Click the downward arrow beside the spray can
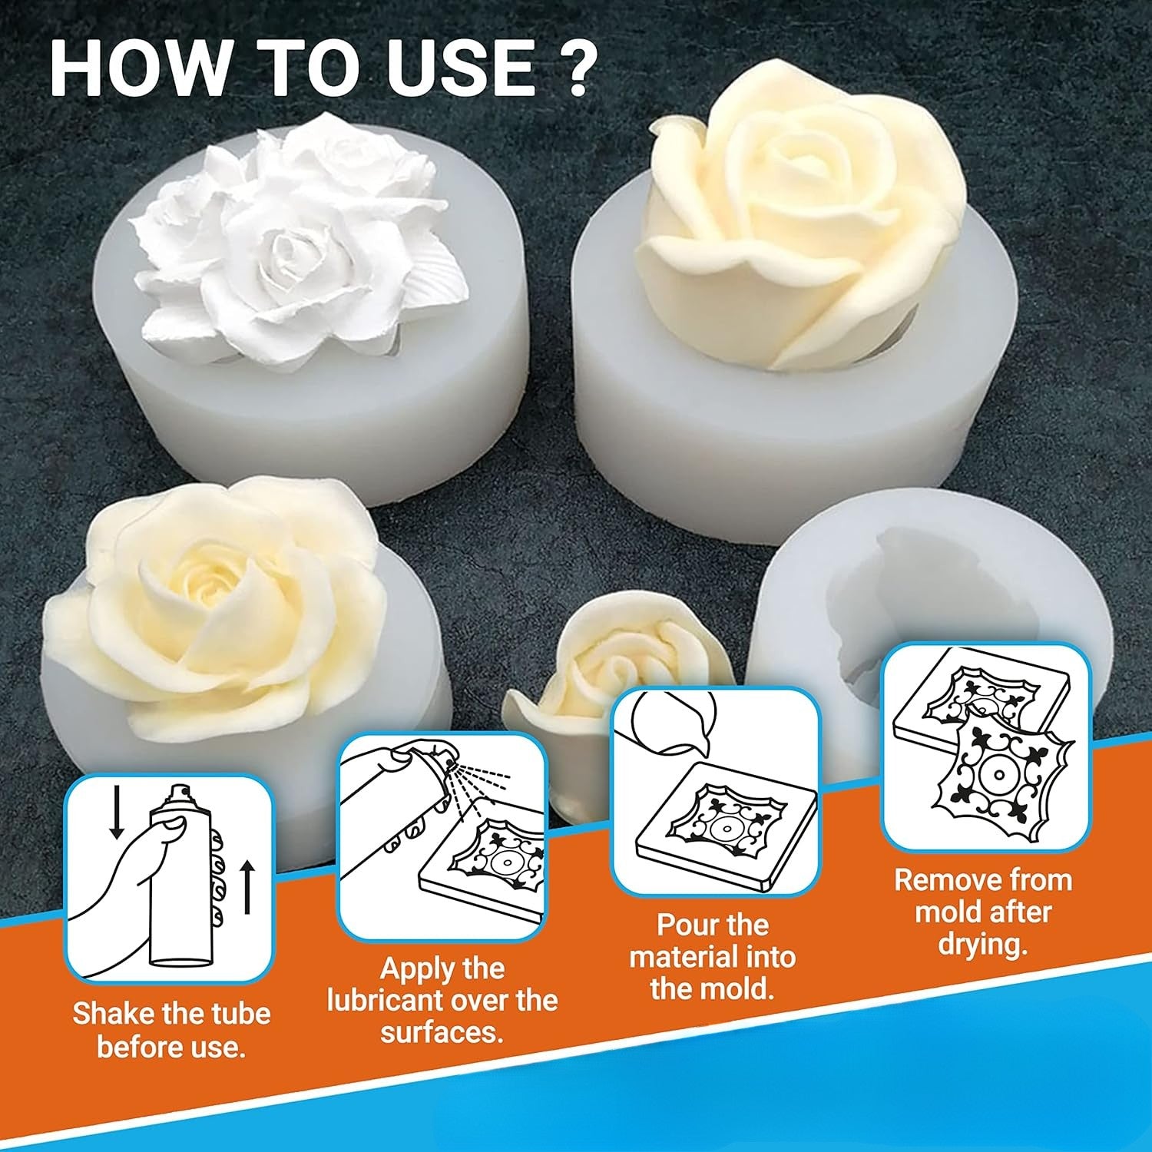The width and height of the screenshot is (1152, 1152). [117, 810]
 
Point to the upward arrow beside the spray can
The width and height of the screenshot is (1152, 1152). [247, 887]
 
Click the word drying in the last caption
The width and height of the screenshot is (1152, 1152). [981, 945]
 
